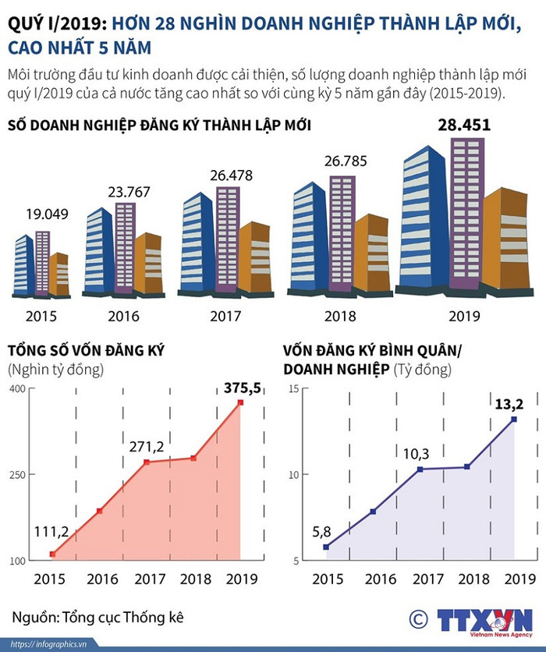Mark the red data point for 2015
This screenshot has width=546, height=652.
[52, 554]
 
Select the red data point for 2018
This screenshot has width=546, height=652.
[193, 458]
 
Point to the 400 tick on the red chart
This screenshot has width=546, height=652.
[17, 388]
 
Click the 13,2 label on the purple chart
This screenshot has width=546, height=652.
[508, 403]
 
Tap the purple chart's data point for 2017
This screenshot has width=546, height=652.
[420, 469]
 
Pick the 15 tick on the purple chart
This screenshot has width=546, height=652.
[293, 388]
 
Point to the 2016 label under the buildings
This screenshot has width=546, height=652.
[123, 316]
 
